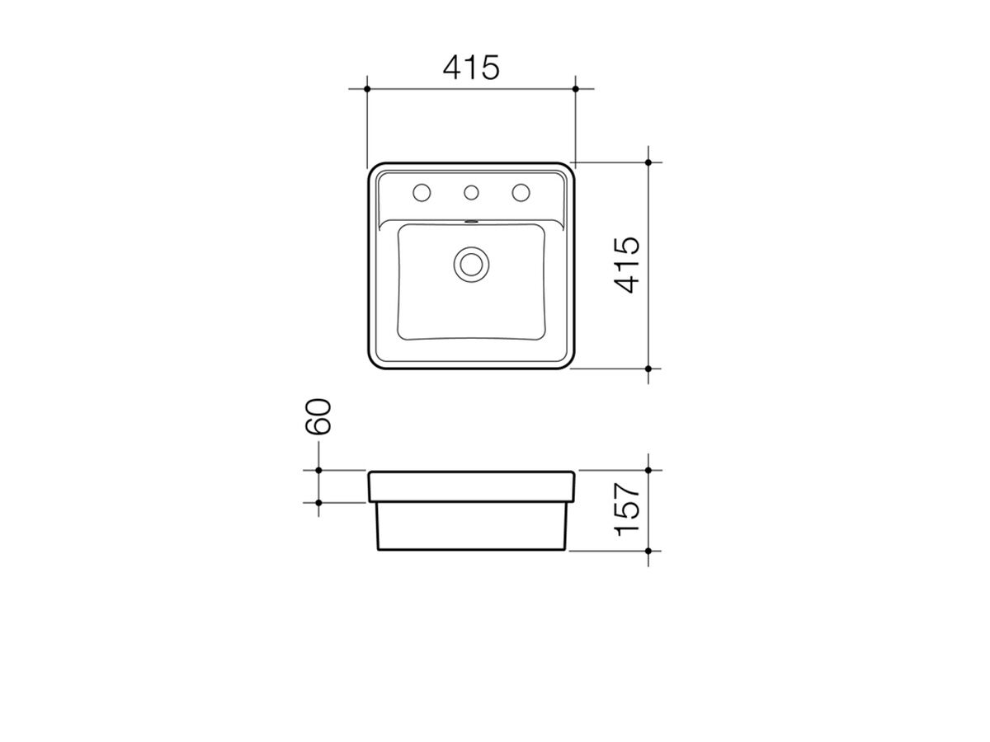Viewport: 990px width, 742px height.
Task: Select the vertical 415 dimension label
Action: point(629,265)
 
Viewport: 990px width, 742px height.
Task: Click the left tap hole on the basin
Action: point(422,193)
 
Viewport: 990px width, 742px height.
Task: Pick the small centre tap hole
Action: point(471,193)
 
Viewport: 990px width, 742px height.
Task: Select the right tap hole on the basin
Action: point(521,193)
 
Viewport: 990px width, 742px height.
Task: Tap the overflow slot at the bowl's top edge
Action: point(471,221)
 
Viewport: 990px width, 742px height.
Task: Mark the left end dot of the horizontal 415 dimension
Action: point(367,87)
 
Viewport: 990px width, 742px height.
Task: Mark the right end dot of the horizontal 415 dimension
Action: point(576,87)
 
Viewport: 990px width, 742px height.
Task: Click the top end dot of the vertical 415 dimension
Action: point(649,162)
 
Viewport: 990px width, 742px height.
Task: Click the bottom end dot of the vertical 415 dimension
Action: point(649,369)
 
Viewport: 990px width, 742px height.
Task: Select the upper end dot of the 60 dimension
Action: point(318,471)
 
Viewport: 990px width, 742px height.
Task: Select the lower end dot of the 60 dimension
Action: point(318,501)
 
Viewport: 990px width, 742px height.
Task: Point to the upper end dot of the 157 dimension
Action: point(649,471)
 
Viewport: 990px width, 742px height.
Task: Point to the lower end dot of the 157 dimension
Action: point(649,550)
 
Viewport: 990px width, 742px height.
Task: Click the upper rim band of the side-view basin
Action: point(471,486)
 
